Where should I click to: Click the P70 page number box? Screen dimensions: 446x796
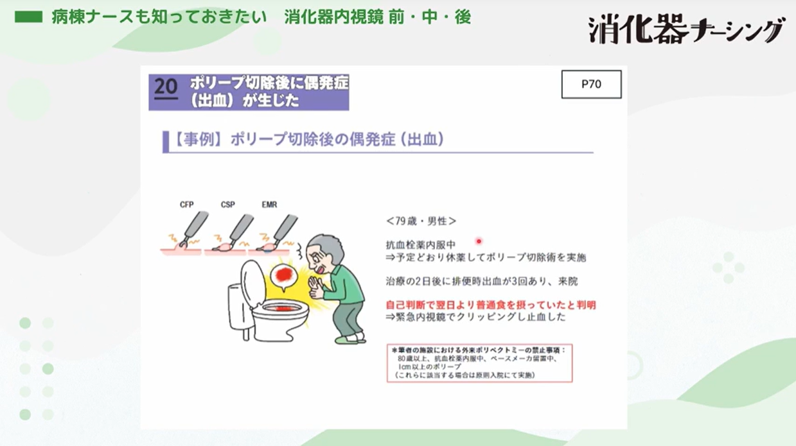click(x=591, y=84)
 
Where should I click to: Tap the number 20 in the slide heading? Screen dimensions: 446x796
click(x=166, y=87)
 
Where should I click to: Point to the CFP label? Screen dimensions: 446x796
click(x=187, y=205)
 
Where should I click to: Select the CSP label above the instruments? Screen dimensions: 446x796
click(x=228, y=205)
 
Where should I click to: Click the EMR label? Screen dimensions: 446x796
click(x=269, y=205)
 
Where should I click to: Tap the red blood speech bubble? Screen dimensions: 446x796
click(x=283, y=277)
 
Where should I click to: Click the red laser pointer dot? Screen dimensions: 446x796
click(x=479, y=241)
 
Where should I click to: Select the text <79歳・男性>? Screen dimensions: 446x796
click(x=421, y=221)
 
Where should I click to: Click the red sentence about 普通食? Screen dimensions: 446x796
click(x=490, y=305)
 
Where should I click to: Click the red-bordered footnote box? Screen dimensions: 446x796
click(x=479, y=363)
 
